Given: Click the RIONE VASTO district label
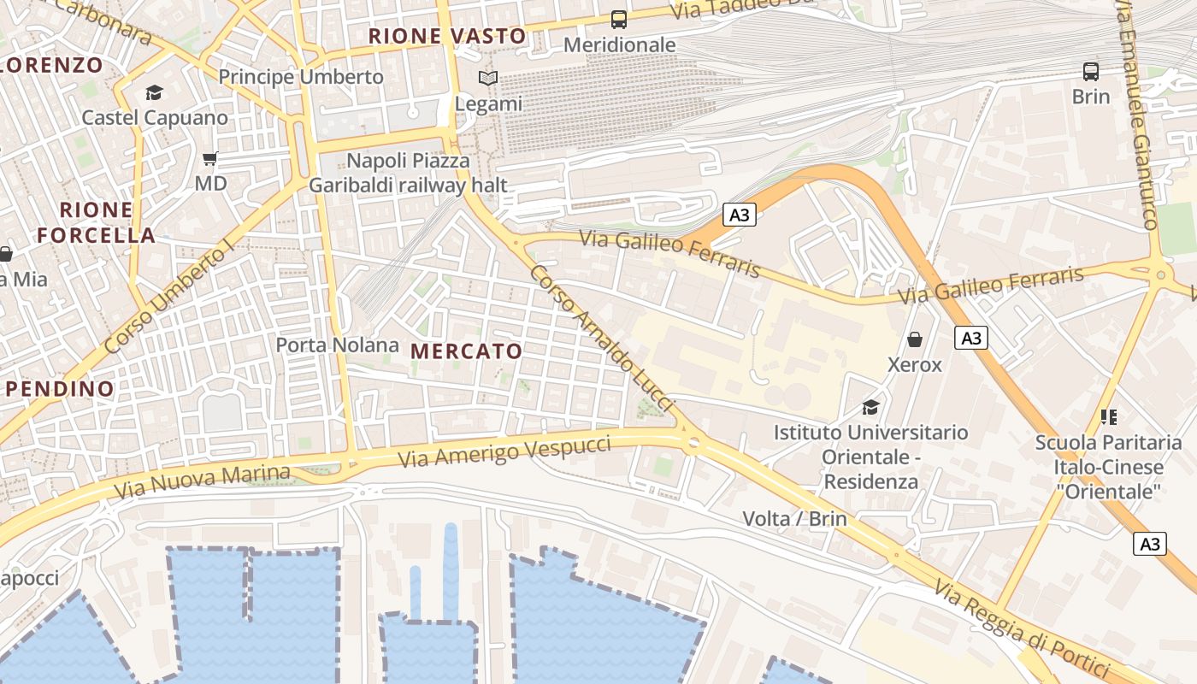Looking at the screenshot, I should (x=446, y=36).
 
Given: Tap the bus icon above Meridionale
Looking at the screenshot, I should (x=618, y=19).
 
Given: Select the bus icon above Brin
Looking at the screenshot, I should (x=1091, y=71).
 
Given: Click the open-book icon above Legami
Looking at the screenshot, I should (x=488, y=79).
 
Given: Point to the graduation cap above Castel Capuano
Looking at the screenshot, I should (x=154, y=92).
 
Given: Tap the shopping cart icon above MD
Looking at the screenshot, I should (x=210, y=159).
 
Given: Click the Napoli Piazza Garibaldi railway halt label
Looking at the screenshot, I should (x=408, y=173).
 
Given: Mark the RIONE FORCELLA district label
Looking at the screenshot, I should (x=96, y=222).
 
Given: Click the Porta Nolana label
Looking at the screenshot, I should (x=337, y=345).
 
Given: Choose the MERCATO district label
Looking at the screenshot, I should (x=466, y=351).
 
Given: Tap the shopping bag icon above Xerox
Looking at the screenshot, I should (x=915, y=339).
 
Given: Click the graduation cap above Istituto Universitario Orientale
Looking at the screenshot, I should (x=870, y=407).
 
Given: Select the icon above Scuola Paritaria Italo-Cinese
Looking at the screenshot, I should (x=1109, y=417).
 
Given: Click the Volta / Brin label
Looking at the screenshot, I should (x=794, y=518).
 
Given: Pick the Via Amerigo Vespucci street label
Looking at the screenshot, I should (x=504, y=451).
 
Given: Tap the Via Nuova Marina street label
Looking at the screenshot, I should (x=202, y=481).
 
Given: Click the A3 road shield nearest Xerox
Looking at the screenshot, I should (x=970, y=338).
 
